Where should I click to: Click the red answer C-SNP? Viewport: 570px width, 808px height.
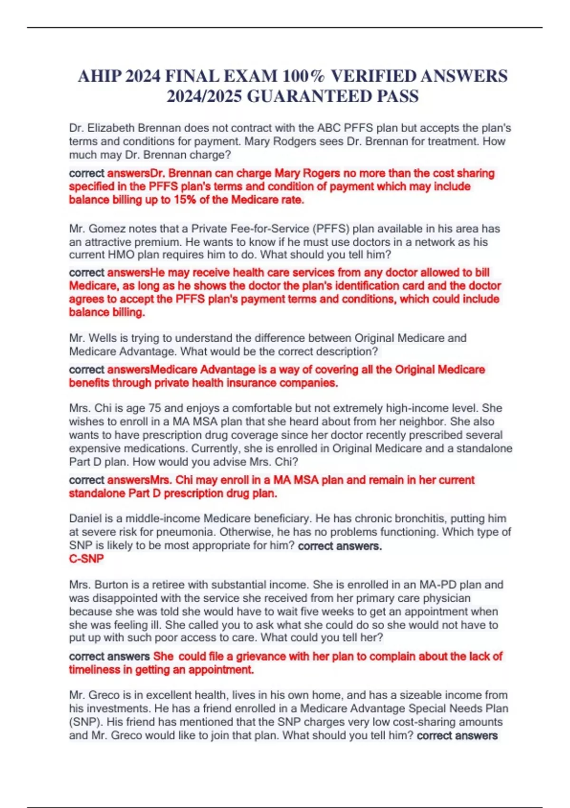86,558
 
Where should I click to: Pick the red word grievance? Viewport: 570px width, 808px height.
261,656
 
